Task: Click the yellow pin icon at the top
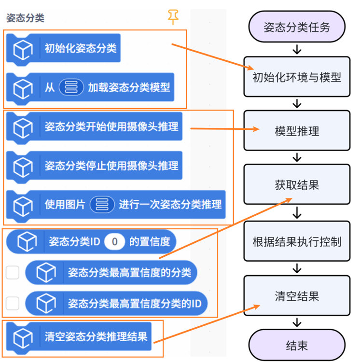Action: [x=173, y=17]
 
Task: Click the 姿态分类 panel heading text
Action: [x=25, y=18]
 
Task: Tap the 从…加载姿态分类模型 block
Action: [x=97, y=88]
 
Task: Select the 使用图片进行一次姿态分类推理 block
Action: [x=121, y=204]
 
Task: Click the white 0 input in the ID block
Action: [x=114, y=241]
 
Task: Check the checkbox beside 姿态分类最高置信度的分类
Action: [x=13, y=272]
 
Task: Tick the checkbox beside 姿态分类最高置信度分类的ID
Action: [x=13, y=303]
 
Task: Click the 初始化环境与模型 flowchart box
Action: [x=297, y=77]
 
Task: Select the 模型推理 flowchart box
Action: [x=297, y=131]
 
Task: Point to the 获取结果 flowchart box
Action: [x=297, y=185]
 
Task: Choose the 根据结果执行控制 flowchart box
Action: [x=297, y=241]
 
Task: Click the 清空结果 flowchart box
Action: [x=297, y=296]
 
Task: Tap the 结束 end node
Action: [x=297, y=346]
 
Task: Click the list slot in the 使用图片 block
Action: [x=102, y=204]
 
